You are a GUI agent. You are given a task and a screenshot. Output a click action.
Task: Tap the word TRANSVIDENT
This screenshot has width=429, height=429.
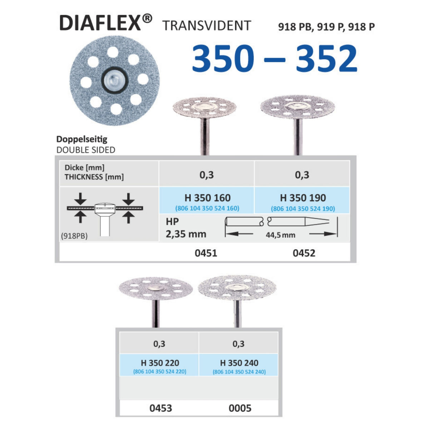coord(207,26)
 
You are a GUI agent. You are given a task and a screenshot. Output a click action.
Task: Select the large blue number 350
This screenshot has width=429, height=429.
coord(223,58)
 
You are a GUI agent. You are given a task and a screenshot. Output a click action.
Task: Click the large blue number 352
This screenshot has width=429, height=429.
coord(326,58)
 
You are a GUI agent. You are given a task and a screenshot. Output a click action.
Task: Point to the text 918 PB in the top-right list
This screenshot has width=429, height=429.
coord(294,27)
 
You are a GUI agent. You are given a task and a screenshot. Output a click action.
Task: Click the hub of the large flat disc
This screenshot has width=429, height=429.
coord(115,80)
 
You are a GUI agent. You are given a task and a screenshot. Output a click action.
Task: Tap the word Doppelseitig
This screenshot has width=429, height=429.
coord(82,139)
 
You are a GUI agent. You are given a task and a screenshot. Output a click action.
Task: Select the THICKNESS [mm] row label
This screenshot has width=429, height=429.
coord(94,177)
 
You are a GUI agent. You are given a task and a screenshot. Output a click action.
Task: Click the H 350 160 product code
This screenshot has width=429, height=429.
coord(207,198)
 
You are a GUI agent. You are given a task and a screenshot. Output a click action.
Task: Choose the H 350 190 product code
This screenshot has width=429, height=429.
coord(303,198)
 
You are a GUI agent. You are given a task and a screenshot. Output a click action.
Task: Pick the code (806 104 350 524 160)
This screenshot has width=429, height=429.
coord(207,208)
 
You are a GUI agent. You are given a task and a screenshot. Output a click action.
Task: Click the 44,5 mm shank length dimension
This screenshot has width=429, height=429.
coord(281,235)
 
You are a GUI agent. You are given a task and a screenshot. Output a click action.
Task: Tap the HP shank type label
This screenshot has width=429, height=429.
coord(172,222)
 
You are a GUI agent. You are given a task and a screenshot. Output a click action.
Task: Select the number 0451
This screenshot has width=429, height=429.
coord(206,253)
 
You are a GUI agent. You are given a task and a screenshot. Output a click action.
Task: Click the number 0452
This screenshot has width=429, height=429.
coord(304,253)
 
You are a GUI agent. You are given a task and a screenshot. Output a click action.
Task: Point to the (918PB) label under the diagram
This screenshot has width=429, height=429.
coord(74,236)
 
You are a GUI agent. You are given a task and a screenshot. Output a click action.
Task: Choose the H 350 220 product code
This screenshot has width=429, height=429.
coord(160,363)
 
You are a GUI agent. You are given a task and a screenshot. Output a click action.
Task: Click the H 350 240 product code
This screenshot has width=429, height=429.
coord(239,363)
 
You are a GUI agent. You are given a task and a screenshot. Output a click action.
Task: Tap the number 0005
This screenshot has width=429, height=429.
coord(240,408)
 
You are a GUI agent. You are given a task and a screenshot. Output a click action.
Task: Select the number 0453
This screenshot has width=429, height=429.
coord(161,408)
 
